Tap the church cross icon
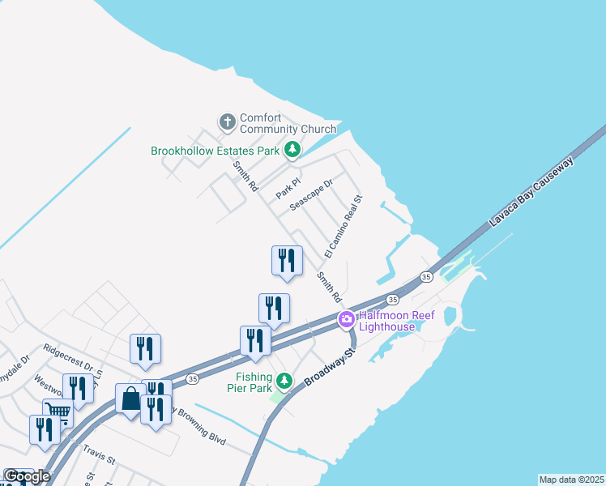click(228, 122)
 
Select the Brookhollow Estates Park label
click(215, 151)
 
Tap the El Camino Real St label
click(343, 226)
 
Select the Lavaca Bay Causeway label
click(531, 193)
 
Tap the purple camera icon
click(347, 319)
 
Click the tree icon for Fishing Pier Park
click(284, 380)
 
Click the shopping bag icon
click(130, 399)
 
